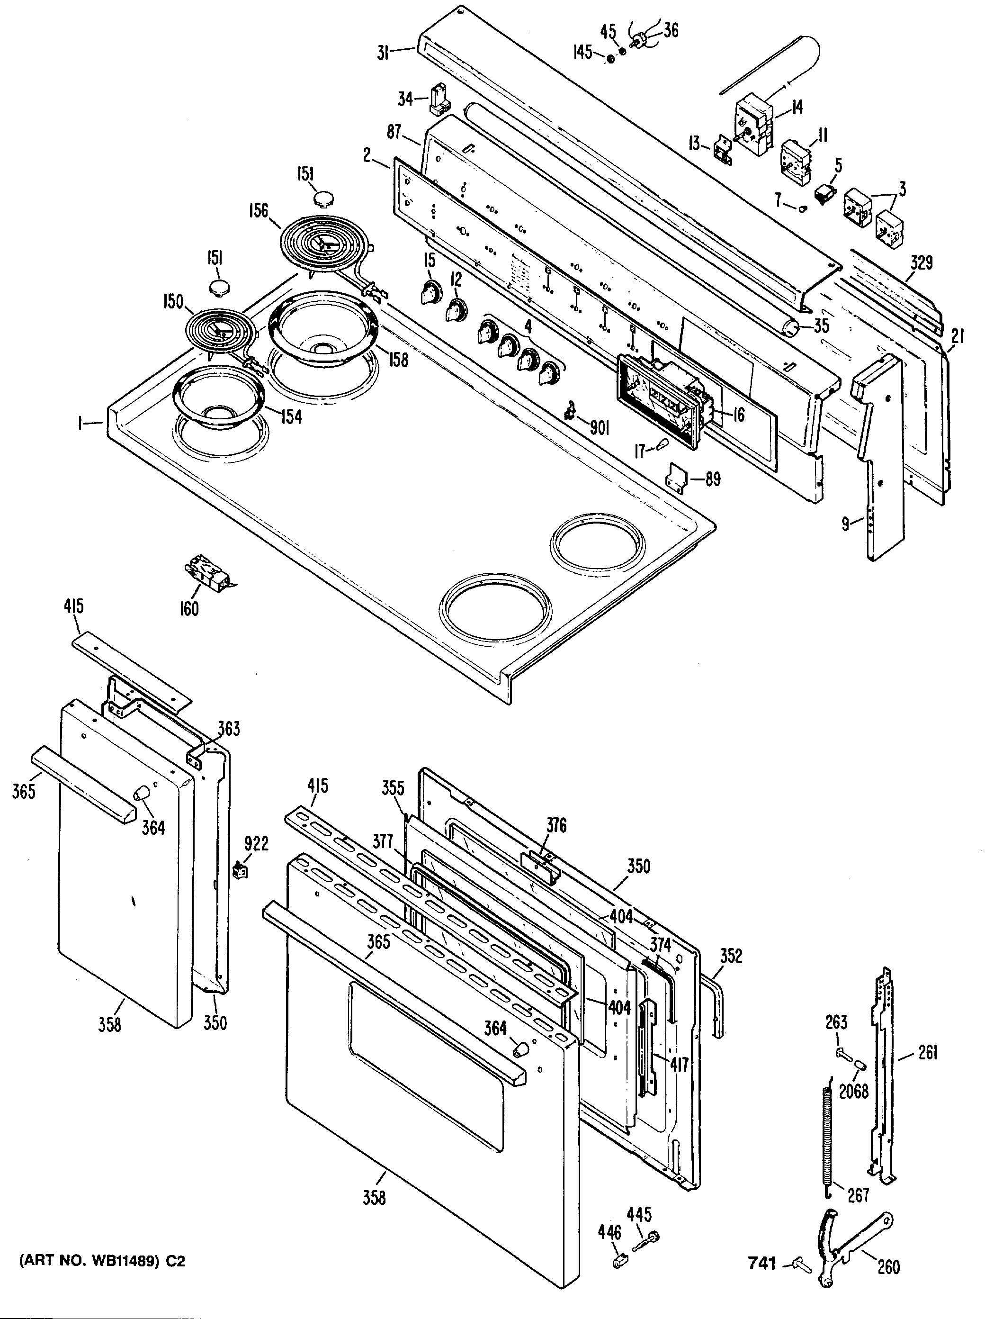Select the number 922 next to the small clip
tap(256, 844)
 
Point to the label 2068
tap(853, 1091)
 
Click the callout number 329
tap(921, 263)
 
